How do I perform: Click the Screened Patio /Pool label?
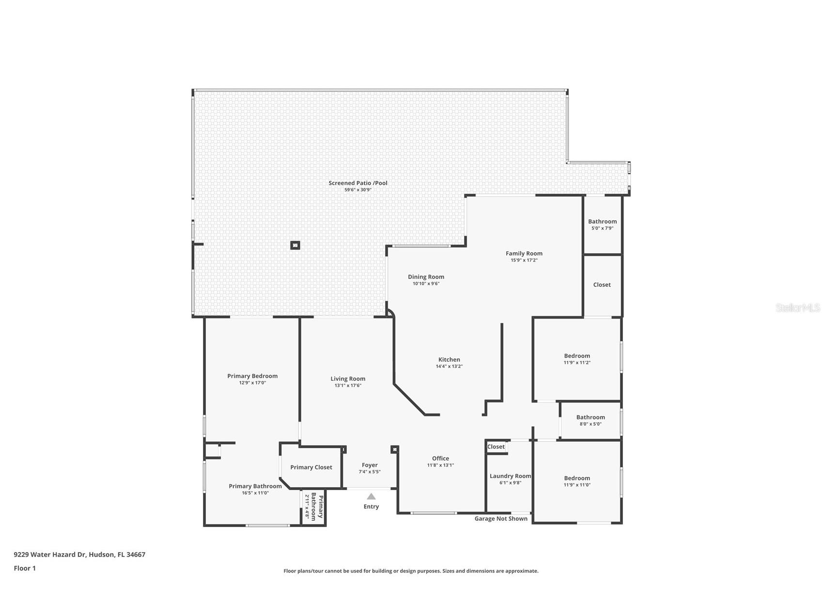click(x=358, y=183)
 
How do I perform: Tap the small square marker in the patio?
click(x=295, y=246)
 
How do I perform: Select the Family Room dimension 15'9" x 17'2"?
click(x=524, y=260)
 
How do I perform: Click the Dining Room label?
click(x=426, y=277)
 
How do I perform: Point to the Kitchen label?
click(x=449, y=359)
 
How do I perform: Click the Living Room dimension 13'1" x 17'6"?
click(x=348, y=385)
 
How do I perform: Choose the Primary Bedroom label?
click(x=252, y=376)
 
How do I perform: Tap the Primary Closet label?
click(x=311, y=467)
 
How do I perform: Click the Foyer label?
click(x=370, y=465)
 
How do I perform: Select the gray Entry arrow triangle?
click(x=371, y=496)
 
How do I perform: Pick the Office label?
click(x=440, y=458)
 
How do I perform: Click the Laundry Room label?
click(x=510, y=476)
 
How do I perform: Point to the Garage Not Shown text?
click(x=501, y=519)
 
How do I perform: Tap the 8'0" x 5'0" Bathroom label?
click(x=590, y=417)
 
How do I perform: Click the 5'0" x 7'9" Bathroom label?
click(x=602, y=222)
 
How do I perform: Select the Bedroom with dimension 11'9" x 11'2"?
click(x=577, y=356)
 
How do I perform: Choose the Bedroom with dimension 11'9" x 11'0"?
click(x=577, y=478)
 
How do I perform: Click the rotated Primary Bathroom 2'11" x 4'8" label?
click(x=314, y=507)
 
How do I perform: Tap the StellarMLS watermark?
click(x=797, y=308)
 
